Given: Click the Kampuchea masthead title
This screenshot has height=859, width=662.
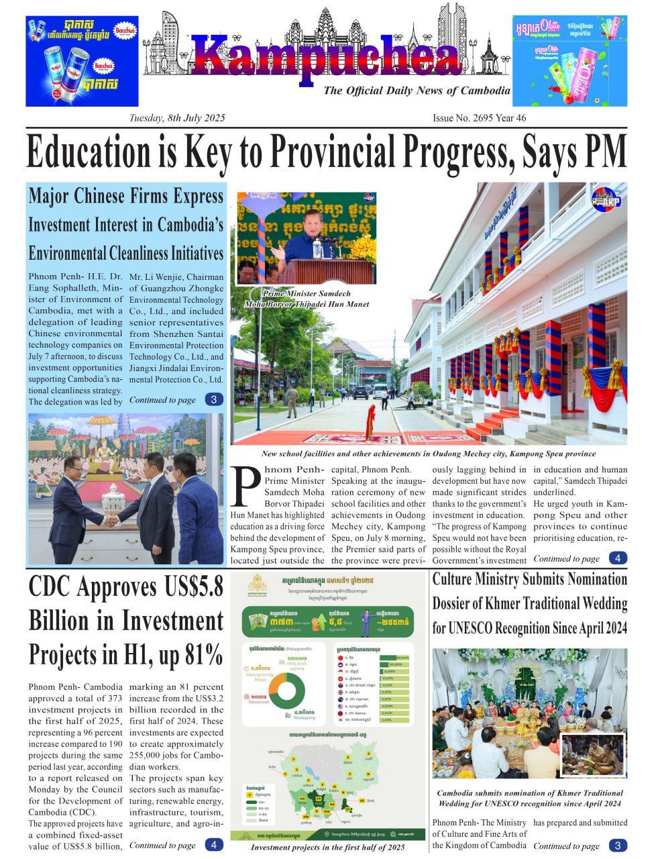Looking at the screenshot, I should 326,56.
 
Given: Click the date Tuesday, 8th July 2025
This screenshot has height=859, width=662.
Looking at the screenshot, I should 177,118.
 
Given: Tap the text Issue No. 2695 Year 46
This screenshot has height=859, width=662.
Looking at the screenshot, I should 479,118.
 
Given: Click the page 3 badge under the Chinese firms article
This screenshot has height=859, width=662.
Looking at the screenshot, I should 213,400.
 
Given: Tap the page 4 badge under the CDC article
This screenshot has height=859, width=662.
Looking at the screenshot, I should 213,845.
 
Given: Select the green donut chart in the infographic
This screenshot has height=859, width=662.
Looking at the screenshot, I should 287,693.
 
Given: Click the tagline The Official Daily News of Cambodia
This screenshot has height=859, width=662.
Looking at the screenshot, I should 417,91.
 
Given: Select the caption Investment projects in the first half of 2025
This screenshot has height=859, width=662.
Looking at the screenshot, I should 328,847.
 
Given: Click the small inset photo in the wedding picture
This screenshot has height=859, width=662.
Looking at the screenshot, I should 592,755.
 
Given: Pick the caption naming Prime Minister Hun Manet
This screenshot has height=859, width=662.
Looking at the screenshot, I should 307,299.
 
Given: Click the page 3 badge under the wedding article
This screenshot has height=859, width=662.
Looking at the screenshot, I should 618,846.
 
